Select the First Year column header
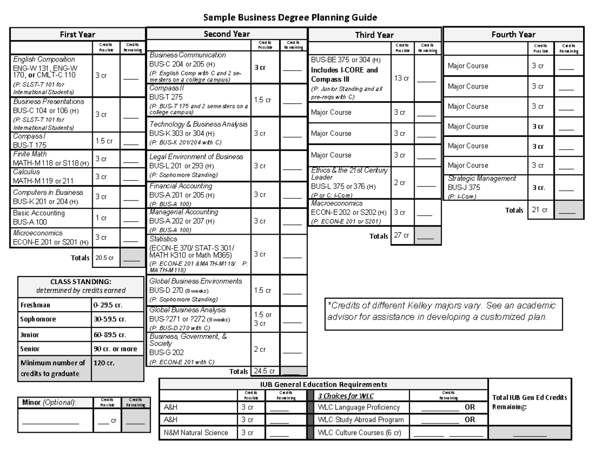[78, 35]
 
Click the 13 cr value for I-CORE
[401, 78]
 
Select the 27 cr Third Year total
[402, 236]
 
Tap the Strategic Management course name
[481, 178]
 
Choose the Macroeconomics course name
[337, 203]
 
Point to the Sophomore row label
[38, 319]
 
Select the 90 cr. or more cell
[116, 349]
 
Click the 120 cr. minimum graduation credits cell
[104, 363]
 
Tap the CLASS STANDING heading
[81, 282]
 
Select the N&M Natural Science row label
[196, 433]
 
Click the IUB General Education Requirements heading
[323, 384]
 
